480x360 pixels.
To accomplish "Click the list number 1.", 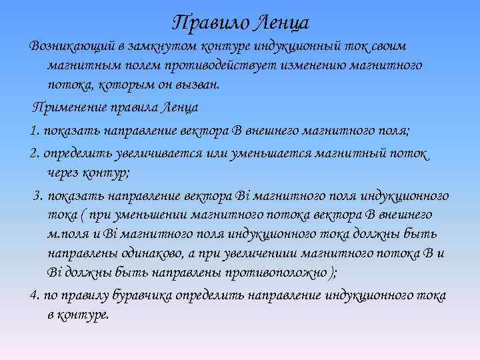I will [33, 129].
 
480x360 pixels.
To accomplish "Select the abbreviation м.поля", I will [66, 233].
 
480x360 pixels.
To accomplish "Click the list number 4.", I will [34, 295].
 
